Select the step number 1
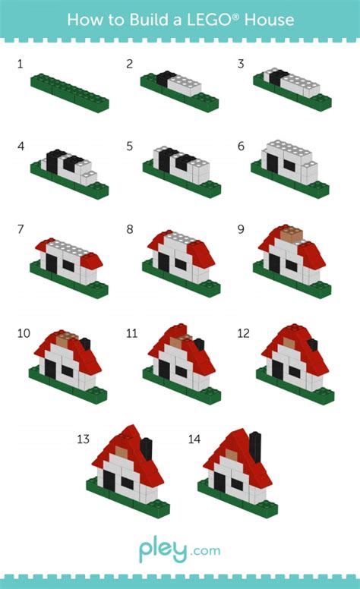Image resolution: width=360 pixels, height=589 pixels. (x=20, y=64)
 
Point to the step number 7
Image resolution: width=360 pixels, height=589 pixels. (x=20, y=228)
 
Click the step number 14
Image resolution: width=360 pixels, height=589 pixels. (x=194, y=439)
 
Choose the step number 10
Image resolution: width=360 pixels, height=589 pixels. (x=23, y=333)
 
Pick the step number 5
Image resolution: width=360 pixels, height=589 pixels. (x=129, y=146)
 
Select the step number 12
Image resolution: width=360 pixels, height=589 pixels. (x=243, y=333)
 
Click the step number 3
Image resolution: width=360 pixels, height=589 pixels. (x=241, y=64)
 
